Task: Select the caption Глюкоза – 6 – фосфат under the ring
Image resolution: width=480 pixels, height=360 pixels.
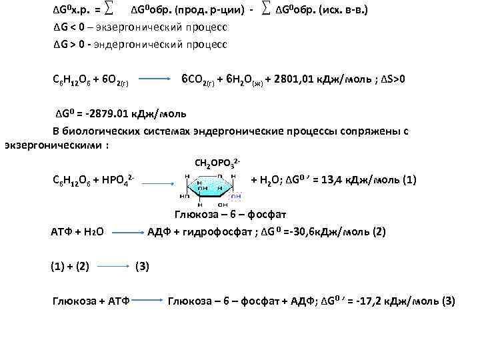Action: point(230,215)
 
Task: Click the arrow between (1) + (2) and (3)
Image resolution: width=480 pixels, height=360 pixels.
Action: point(113,267)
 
